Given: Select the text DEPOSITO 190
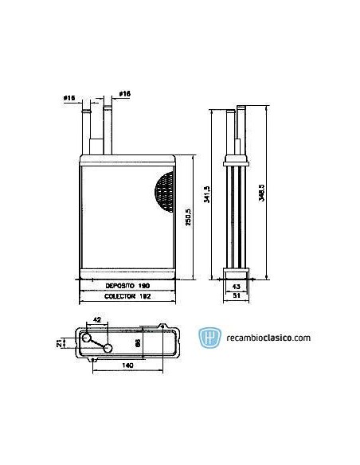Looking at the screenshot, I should (x=127, y=283).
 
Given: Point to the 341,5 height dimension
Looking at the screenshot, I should (x=206, y=193).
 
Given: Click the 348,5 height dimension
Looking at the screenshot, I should (x=261, y=193).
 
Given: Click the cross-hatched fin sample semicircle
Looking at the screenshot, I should (x=165, y=193).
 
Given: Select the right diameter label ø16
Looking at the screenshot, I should (x=124, y=94).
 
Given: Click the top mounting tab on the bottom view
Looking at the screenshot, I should (x=149, y=325).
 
